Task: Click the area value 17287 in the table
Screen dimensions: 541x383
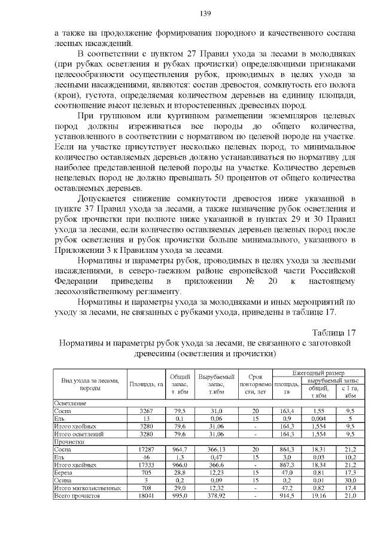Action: click(147, 448)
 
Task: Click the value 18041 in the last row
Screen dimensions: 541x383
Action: click(147, 496)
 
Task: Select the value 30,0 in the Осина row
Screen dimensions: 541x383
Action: click(351, 479)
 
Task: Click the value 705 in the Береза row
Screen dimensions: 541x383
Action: click(147, 472)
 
